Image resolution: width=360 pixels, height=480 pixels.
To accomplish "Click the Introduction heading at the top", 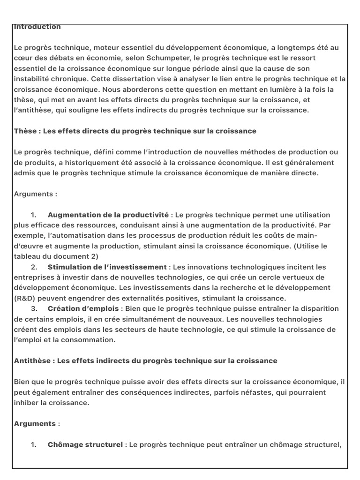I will [x=37, y=27].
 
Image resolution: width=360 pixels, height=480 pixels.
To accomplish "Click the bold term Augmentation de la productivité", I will [x=108, y=215].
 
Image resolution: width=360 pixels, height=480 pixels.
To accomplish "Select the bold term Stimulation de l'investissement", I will [x=107, y=267].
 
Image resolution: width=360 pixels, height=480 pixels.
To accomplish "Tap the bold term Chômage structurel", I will [x=85, y=445].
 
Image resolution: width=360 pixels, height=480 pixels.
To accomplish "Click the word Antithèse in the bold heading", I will [x=31, y=361].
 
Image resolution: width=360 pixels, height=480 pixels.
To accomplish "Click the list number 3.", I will [x=34, y=309].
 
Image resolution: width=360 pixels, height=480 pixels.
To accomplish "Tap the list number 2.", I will [x=34, y=267].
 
